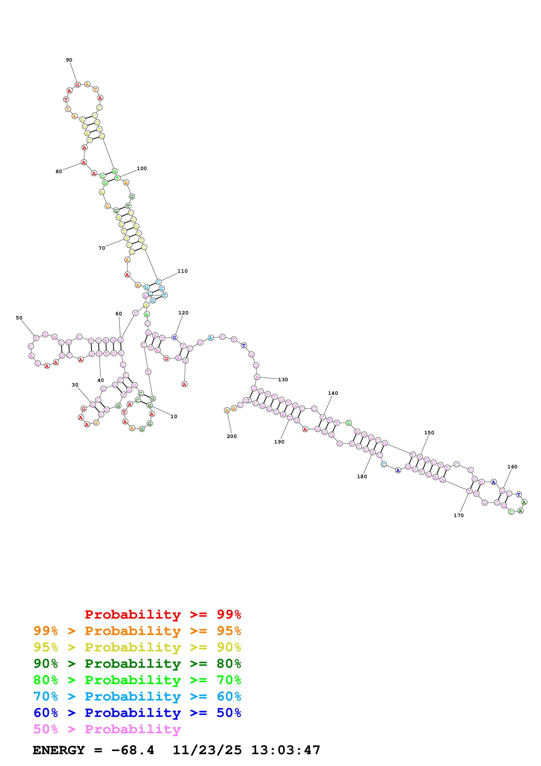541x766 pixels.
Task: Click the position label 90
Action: (x=69, y=60)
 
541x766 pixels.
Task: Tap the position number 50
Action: (x=19, y=318)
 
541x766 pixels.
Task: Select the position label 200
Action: (x=232, y=436)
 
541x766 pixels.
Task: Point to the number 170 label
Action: (x=459, y=516)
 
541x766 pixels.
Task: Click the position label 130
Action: (x=283, y=380)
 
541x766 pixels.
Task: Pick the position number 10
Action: (x=174, y=416)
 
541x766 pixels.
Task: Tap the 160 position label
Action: (x=512, y=467)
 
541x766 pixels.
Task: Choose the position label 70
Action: (x=102, y=248)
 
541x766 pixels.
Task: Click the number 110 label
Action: (x=182, y=271)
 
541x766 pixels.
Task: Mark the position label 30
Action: (x=75, y=385)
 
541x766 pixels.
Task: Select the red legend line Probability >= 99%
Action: (x=163, y=614)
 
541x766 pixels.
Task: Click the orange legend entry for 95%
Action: (x=137, y=631)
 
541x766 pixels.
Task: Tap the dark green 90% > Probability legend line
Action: (x=137, y=664)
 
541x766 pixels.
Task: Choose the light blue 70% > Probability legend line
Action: (x=137, y=697)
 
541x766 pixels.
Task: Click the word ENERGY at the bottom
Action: (x=59, y=750)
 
